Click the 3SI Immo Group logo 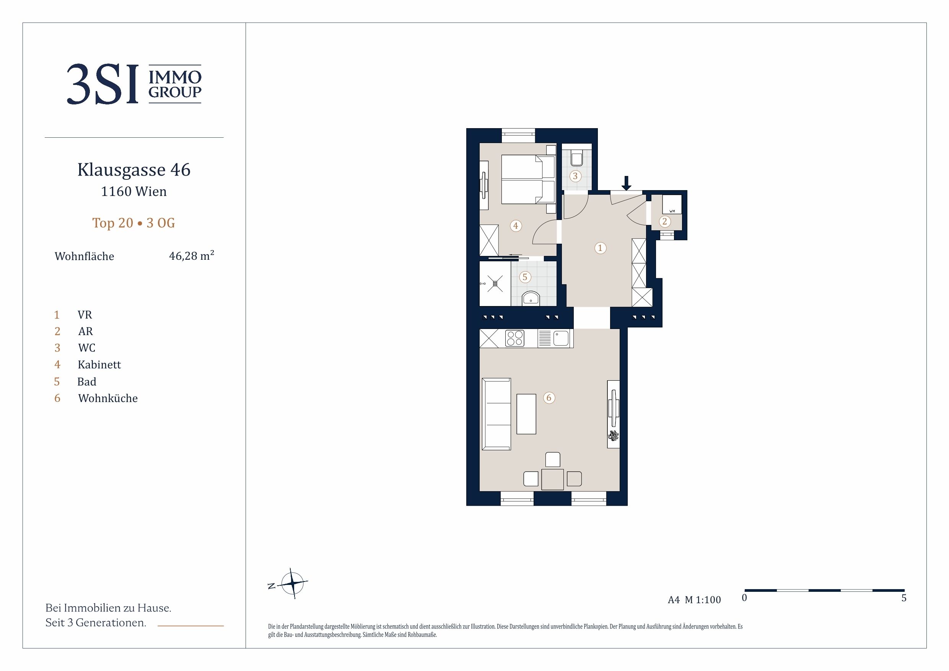134,84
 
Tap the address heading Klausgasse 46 134,169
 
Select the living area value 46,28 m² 191,256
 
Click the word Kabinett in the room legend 99,365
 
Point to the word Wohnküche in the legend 108,398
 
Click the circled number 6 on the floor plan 549,398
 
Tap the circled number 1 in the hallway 600,248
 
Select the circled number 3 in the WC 575,176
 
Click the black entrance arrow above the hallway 627,183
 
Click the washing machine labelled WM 672,204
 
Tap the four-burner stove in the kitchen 515,338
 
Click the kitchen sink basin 561,338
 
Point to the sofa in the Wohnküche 496,414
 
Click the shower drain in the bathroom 495,283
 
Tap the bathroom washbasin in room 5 530,298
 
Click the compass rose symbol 292,583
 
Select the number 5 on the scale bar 904,598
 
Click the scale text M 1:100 703,600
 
